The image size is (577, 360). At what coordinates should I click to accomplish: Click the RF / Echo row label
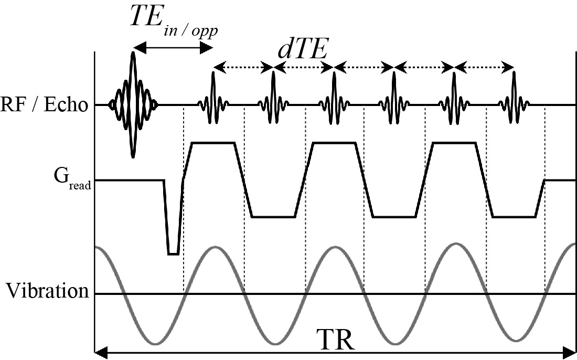click(x=44, y=105)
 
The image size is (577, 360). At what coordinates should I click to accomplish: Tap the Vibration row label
click(x=48, y=291)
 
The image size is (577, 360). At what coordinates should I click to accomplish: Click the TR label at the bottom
click(x=336, y=341)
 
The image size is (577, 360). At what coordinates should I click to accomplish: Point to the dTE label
click(x=303, y=50)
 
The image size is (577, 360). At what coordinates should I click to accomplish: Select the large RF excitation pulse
click(x=133, y=105)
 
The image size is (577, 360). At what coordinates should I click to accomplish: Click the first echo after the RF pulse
click(x=213, y=97)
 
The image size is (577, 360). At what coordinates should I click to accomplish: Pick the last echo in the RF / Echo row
click(x=514, y=97)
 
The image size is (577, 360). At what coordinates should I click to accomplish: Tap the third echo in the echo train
click(x=334, y=97)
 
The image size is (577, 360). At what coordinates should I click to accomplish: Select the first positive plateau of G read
click(x=213, y=142)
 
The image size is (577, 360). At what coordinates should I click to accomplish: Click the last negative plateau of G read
click(x=514, y=217)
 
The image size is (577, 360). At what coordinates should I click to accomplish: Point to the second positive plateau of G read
click(x=334, y=142)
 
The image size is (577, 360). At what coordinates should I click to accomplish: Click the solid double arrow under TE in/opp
click(x=173, y=47)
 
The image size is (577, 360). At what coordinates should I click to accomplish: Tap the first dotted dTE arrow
click(x=243, y=67)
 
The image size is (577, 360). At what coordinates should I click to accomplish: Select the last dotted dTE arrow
click(x=484, y=67)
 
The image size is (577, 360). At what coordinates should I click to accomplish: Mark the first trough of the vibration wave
click(x=155, y=344)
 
